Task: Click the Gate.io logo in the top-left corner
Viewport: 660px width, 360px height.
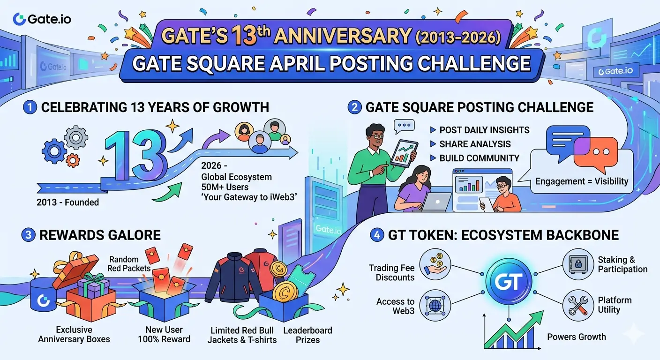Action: [x=42, y=19]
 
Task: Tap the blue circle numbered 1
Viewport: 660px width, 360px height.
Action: [x=30, y=107]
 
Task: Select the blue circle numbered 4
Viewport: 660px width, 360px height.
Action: [x=376, y=235]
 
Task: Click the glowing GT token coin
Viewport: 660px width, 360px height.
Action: [x=509, y=282]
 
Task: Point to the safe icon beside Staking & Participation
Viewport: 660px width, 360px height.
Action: [x=578, y=264]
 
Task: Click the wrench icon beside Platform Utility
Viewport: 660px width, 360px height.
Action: [x=578, y=305]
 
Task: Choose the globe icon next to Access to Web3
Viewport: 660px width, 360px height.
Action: [x=435, y=305]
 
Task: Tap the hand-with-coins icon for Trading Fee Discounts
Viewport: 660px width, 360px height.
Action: [x=435, y=264]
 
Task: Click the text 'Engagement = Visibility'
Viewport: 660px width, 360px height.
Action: [x=582, y=181]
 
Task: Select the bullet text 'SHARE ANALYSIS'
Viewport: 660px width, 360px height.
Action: [x=475, y=144]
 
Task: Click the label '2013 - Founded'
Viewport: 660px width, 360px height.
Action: [x=68, y=202]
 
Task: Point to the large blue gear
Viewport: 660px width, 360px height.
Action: [x=54, y=151]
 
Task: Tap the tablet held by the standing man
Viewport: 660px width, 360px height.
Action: [x=404, y=153]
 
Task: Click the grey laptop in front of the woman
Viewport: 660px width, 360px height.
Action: [x=435, y=202]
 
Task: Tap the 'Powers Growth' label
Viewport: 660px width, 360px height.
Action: [x=576, y=337]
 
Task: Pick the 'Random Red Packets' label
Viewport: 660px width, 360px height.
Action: [x=129, y=264]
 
